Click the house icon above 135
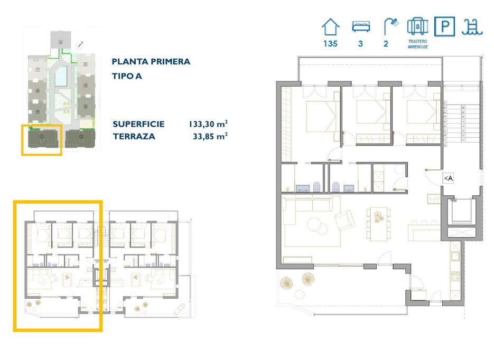pos(331,26)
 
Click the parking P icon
pos(444,26)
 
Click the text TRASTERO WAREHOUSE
pos(417,44)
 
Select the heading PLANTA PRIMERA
pos(151,62)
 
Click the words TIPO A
pos(127,76)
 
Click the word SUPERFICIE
pos(138,125)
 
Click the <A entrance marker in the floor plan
pos(448,178)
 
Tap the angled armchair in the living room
pos(344,220)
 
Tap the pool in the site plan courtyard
pos(61,77)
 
